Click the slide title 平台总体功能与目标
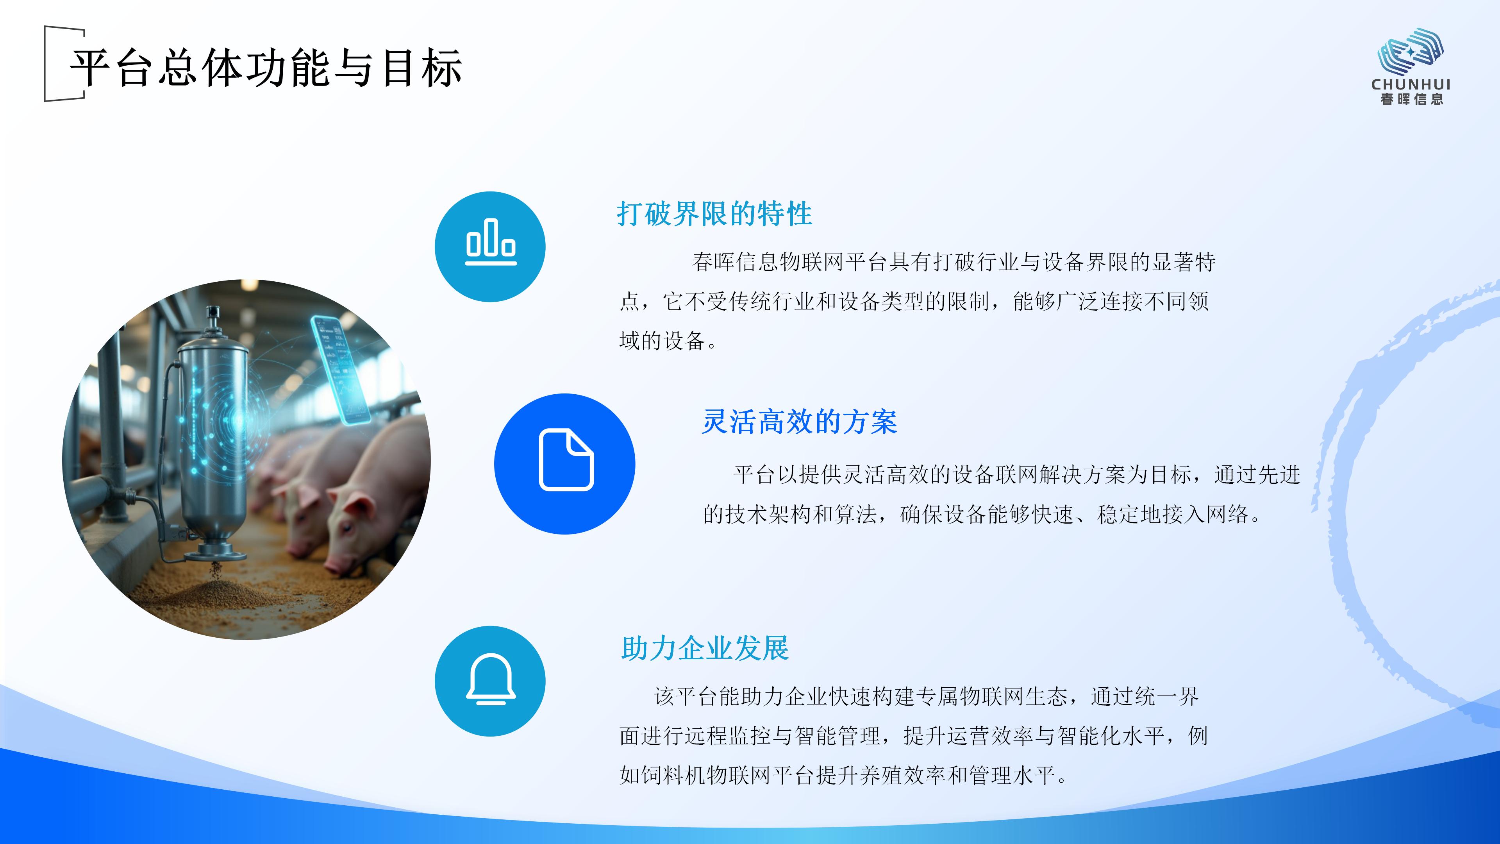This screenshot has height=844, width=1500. pos(266,68)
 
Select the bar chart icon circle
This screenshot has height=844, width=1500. pos(490,247)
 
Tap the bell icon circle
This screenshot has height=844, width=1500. pos(490,681)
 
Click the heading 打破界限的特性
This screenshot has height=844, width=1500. pos(714,214)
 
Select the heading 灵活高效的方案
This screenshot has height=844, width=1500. pos(800,422)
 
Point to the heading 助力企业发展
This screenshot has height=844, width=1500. pos(705,648)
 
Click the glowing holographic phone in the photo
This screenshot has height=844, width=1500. pos(341,370)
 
